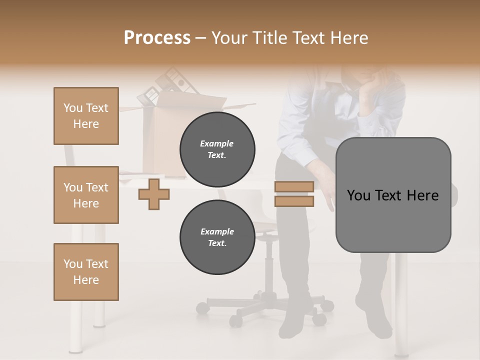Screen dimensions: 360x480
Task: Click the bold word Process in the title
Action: pyautogui.click(x=157, y=37)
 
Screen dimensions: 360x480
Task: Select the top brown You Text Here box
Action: pyautogui.click(x=86, y=116)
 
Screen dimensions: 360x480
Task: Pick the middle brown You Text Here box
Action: pyautogui.click(x=86, y=195)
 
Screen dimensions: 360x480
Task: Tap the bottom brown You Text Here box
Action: pyautogui.click(x=86, y=272)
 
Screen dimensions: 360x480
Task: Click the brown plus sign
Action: pyautogui.click(x=154, y=194)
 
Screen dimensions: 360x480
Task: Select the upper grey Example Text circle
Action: pyautogui.click(x=217, y=149)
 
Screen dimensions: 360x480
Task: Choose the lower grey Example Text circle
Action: pyautogui.click(x=217, y=237)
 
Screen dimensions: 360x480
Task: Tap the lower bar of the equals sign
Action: pyautogui.click(x=294, y=201)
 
